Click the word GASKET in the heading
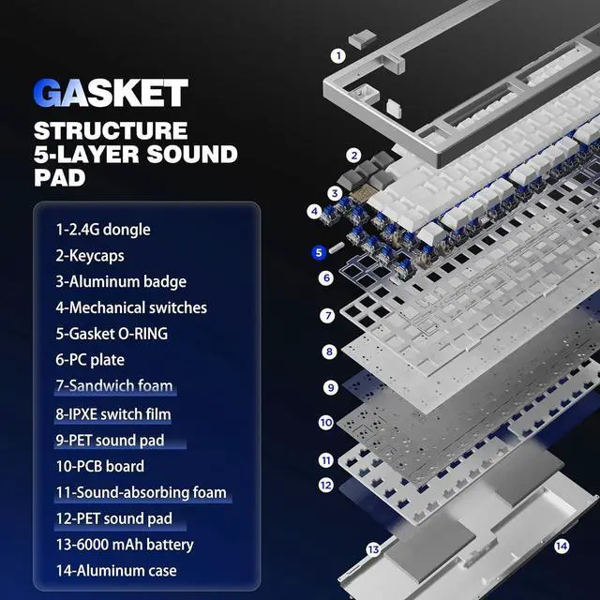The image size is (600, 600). (111, 93)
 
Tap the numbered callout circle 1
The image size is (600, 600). (337, 55)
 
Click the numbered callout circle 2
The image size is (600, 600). (353, 156)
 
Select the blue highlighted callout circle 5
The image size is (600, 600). (318, 251)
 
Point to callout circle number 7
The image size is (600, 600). (327, 316)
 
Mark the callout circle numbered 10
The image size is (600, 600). (325, 423)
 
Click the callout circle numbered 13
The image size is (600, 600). (372, 549)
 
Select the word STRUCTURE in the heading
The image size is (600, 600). (111, 130)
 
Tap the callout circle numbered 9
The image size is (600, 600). (330, 386)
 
